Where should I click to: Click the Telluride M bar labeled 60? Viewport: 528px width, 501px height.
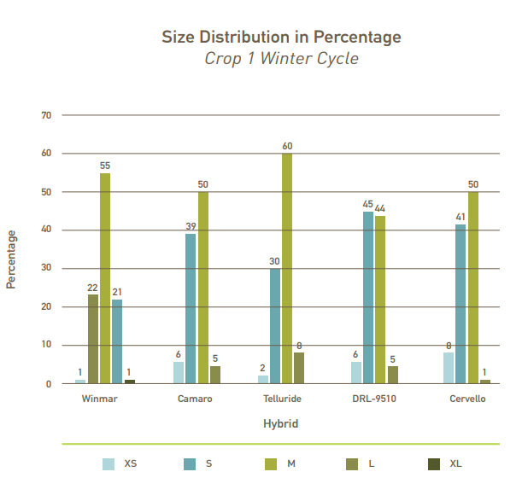pos(287,269)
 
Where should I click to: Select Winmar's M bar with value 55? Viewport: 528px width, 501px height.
pos(105,278)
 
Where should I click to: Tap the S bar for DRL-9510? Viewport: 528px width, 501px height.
pos(368,298)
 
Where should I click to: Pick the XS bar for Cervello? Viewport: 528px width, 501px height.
pos(449,368)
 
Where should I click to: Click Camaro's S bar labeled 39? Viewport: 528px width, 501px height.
pos(191,309)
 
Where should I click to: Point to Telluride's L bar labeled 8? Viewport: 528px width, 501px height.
pos(299,368)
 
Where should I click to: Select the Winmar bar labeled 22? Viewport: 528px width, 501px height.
pos(93,339)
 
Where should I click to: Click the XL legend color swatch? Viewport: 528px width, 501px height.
pos(434,464)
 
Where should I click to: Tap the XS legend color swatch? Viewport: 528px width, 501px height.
pos(109,464)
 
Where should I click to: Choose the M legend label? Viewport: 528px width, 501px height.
pos(291,464)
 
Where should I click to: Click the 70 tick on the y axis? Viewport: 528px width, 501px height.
pos(46,115)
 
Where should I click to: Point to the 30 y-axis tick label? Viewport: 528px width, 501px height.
pos(46,268)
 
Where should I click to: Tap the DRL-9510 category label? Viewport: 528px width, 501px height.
pos(373,399)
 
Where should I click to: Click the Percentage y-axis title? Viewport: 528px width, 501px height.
pos(12,259)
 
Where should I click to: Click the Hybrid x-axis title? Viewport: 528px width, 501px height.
pos(281,423)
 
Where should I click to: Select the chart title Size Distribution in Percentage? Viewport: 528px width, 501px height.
pos(281,37)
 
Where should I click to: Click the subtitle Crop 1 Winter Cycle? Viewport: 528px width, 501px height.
pos(281,59)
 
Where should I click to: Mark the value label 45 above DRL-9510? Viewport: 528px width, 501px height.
pos(367,204)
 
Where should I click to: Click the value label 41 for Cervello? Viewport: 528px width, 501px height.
pos(460,218)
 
